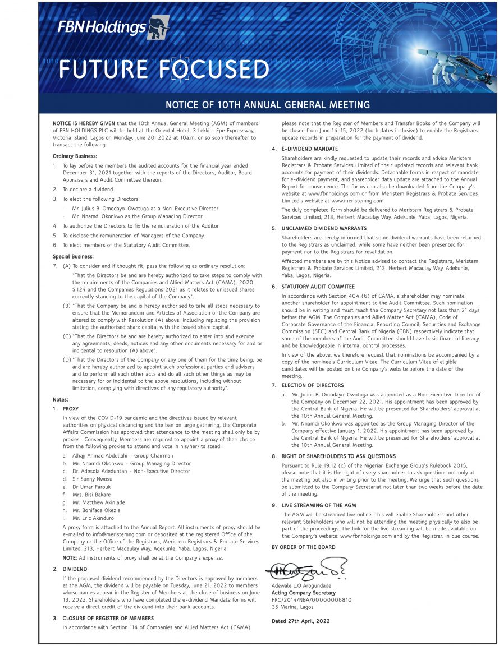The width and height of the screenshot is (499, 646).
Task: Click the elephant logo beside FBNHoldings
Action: click(x=158, y=27)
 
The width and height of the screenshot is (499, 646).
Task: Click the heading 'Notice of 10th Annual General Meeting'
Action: click(x=268, y=105)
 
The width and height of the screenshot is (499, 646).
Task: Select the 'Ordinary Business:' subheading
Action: click(x=75, y=155)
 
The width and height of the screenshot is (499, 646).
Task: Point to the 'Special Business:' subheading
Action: click(x=74, y=256)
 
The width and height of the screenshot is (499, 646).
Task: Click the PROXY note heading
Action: click(x=71, y=409)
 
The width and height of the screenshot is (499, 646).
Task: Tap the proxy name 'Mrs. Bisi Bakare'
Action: click(x=91, y=495)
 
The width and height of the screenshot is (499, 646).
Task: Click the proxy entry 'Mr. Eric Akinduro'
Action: click(x=93, y=519)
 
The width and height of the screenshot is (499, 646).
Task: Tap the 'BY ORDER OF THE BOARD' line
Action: click(x=303, y=547)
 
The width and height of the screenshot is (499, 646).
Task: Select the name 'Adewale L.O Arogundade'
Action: click(x=301, y=586)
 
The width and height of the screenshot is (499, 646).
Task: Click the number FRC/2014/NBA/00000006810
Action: click(x=311, y=599)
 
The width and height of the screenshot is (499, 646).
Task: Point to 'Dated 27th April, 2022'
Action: click(x=300, y=621)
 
